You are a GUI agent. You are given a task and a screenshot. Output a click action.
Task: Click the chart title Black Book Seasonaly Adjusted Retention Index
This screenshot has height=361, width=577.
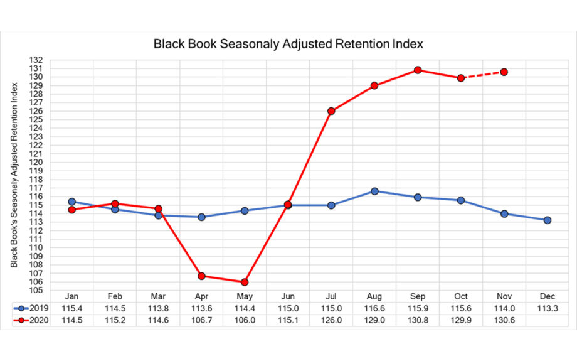tap(288, 45)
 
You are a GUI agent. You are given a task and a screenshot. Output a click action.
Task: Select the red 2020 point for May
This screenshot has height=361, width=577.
tap(245, 282)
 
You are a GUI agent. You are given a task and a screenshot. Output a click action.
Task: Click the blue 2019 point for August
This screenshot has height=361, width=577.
tap(374, 191)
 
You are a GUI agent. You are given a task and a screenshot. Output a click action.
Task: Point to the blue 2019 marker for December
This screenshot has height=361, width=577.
tap(548, 220)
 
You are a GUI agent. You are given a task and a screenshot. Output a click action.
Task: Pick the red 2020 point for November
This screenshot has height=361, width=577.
tap(504, 72)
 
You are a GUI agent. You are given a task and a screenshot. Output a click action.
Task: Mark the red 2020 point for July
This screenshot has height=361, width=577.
tap(331, 111)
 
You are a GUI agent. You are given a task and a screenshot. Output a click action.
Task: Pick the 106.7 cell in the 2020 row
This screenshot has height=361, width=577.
tap(201, 321)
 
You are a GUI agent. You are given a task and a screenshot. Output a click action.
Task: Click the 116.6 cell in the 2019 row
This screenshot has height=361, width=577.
tap(374, 309)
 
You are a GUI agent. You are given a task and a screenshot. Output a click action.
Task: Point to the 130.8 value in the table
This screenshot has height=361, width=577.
tap(418, 321)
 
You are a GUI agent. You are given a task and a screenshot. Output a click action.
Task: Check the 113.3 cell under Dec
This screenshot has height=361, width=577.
tap(548, 309)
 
